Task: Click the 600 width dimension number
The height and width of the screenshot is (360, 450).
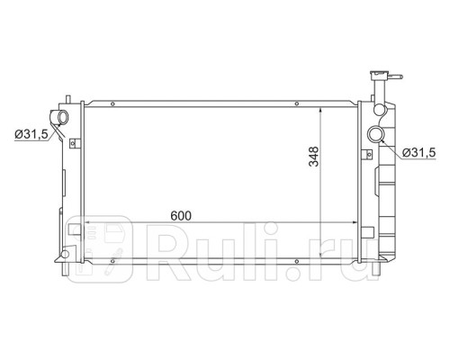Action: pos(181,216)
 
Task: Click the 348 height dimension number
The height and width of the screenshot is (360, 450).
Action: pos(314,157)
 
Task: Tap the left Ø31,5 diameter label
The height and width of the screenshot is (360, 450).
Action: pos(31,134)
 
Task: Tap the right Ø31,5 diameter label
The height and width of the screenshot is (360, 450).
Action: pos(418,153)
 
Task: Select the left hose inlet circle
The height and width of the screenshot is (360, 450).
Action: pos(63,117)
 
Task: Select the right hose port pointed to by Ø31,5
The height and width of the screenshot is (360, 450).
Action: pos(375,134)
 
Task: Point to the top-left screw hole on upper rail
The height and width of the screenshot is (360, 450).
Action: pos(112,104)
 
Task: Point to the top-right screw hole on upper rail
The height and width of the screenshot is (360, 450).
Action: pos(296,103)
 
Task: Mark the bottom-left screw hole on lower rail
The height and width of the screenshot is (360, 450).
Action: pos(112,261)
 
